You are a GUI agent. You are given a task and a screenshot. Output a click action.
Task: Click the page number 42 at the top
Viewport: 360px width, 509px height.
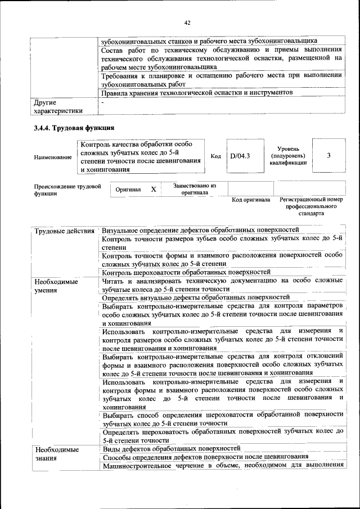click(187, 22)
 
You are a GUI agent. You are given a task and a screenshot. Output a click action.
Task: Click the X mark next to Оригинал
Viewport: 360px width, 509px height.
click(154, 190)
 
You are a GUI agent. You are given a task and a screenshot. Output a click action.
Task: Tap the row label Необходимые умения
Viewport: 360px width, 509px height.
click(56, 285)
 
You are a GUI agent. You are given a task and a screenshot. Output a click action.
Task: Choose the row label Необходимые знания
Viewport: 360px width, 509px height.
click(56, 453)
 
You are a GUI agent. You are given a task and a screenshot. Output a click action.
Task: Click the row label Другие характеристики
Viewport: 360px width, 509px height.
click(58, 107)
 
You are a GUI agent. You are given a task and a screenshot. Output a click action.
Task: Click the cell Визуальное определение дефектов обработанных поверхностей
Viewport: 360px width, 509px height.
click(200, 230)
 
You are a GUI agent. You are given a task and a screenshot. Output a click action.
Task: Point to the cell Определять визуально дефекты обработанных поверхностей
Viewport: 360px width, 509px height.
click(196, 296)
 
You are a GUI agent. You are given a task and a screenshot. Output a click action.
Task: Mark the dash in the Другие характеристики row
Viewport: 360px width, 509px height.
click(102, 103)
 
